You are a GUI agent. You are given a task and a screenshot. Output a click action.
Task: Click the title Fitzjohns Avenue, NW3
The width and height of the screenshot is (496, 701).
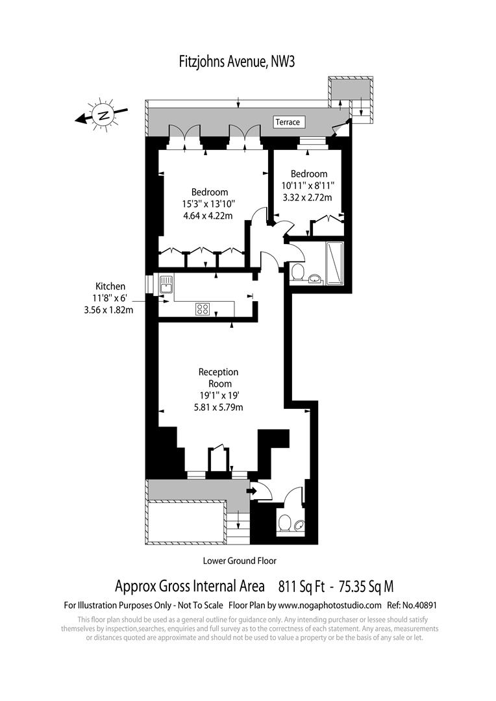[236, 61]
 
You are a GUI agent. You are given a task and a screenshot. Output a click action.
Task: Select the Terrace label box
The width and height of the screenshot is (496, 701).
[288, 122]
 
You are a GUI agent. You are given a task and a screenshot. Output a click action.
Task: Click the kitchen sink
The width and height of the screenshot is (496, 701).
[166, 285]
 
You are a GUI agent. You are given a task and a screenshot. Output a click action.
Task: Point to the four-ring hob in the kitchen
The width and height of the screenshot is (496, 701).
[202, 308]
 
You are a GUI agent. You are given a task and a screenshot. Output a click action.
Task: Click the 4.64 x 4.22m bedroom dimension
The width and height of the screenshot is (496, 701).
[208, 216]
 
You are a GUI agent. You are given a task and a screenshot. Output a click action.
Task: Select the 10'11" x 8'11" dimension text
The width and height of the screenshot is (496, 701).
[308, 185]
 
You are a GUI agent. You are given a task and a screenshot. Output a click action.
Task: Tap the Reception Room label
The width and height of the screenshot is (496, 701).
[218, 378]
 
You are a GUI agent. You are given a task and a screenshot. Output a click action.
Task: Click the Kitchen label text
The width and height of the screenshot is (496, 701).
[110, 287]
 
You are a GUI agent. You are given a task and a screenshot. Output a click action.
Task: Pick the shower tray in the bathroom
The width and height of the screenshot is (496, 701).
[334, 264]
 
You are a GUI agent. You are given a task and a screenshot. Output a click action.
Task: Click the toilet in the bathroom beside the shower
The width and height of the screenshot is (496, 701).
[297, 271]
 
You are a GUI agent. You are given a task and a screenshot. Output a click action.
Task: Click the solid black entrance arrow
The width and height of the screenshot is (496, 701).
[253, 491]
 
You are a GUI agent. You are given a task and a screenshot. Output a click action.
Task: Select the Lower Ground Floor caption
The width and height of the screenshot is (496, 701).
[240, 561]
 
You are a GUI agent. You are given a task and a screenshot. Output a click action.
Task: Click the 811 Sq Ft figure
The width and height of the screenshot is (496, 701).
[301, 586]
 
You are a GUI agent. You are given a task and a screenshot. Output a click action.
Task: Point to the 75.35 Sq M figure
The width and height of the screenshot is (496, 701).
[366, 586]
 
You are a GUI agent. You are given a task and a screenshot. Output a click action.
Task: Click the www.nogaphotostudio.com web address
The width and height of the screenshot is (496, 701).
[330, 606]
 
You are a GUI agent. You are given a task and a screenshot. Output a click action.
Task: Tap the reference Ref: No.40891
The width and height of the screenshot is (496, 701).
[412, 606]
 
